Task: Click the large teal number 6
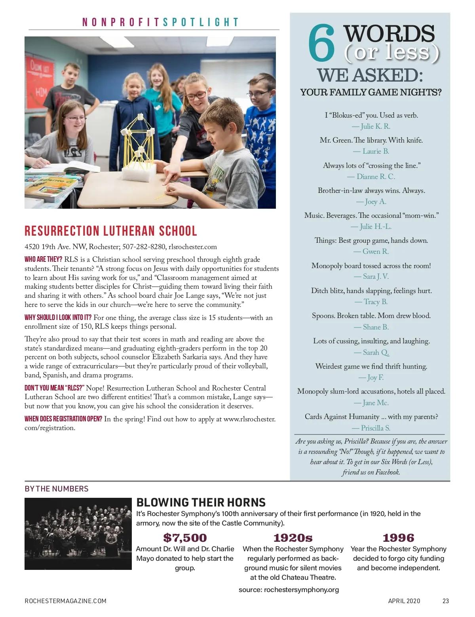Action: point(322,44)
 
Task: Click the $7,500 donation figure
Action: point(185,537)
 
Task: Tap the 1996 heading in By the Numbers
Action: point(398,537)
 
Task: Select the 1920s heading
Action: point(293,537)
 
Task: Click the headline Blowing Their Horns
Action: point(201,502)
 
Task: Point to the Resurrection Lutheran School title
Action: point(111,231)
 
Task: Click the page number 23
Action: point(446,601)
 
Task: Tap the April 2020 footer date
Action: point(404,601)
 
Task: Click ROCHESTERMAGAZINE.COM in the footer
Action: point(65,601)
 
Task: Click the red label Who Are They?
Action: point(43,259)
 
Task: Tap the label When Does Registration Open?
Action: point(63,419)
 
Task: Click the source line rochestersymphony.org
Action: point(289,590)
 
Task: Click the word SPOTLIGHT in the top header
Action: point(201,22)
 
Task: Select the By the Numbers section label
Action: point(57,489)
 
